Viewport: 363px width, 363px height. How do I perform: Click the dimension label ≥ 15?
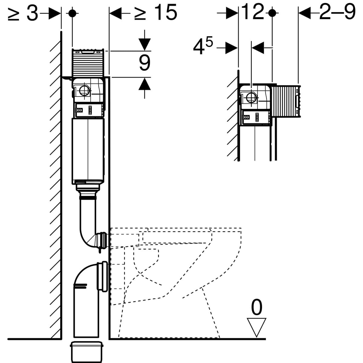[x=155, y=13]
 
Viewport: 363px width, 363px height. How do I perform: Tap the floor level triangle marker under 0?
[x=257, y=326]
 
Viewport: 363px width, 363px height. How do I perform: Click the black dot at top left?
[x=72, y=13]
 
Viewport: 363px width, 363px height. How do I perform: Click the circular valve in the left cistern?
[x=84, y=91]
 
